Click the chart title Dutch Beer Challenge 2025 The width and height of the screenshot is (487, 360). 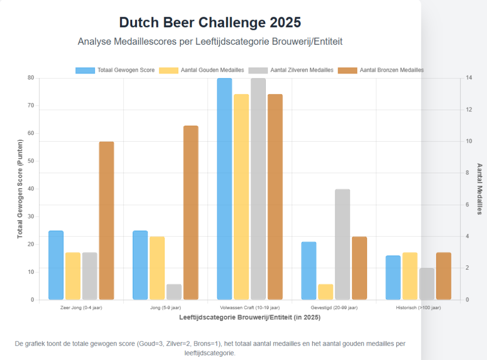[210, 22]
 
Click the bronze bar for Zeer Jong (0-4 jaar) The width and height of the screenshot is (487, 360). [107, 221]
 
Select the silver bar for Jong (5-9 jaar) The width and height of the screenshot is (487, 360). [174, 292]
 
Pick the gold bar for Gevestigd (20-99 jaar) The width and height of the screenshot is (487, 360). [326, 292]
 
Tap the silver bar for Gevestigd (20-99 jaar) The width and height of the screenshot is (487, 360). [342, 244]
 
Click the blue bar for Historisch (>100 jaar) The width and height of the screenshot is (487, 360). [393, 278]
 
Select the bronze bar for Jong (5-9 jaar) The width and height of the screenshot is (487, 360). [191, 213]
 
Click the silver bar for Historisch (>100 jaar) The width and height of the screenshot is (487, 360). [427, 284]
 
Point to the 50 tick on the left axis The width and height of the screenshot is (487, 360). [31, 161]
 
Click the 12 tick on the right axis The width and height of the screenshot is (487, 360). [469, 110]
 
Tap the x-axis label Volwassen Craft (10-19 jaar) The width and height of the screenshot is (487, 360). [250, 308]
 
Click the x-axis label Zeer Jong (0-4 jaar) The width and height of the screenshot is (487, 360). [81, 308]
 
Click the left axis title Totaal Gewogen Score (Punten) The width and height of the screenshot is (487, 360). [20, 189]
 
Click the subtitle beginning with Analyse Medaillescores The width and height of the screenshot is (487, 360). [210, 42]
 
